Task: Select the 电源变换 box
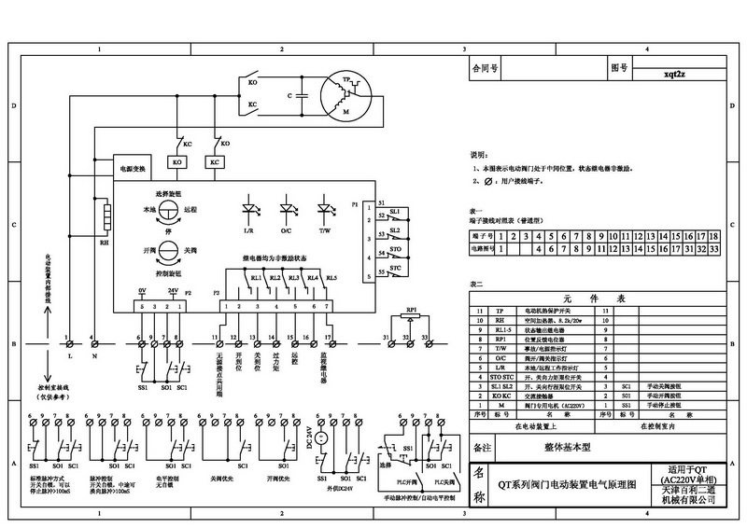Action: coord(131,169)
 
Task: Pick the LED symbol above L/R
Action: coord(249,207)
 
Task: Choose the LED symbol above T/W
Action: coord(325,207)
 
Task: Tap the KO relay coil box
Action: coord(177,160)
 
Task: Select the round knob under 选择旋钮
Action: coord(168,211)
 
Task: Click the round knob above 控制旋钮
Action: coord(168,251)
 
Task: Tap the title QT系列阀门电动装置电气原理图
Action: coord(572,486)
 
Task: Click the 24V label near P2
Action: coord(172,291)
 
